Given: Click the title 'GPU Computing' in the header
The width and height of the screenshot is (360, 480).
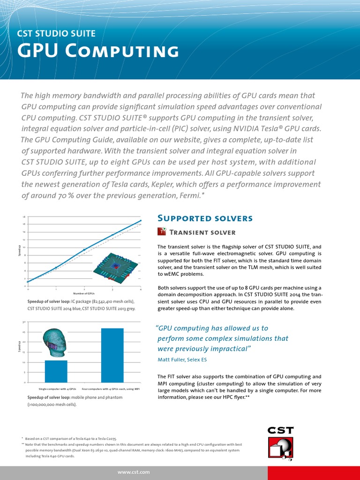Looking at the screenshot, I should click(x=97, y=51).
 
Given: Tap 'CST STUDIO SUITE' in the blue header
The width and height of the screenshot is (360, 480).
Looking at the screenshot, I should click(x=56, y=33).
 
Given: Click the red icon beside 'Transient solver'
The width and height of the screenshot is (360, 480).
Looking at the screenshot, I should click(x=161, y=232).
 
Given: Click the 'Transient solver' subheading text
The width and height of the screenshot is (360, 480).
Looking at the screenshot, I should click(x=202, y=232).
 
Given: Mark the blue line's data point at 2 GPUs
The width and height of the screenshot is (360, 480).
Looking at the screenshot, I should click(x=84, y=250).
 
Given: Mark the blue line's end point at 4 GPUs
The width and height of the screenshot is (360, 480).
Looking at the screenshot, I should click(x=141, y=221).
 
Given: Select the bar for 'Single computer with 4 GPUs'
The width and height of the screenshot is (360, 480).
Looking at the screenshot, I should click(x=56, y=371).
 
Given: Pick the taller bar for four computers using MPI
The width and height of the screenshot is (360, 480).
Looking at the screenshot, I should click(x=112, y=355).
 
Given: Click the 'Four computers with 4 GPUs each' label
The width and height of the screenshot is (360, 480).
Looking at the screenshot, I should click(x=111, y=389).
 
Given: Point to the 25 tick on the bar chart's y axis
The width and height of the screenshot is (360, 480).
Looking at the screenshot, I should click(x=24, y=332).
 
